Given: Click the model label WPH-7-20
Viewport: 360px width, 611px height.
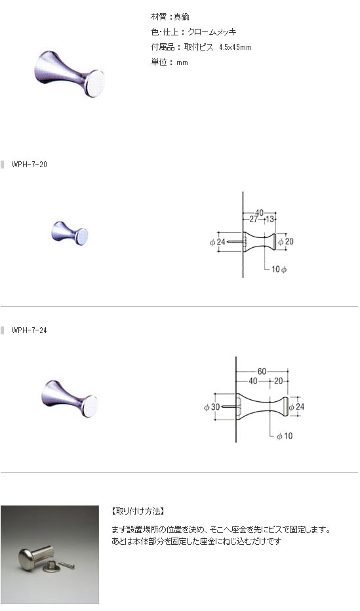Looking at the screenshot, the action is click(30, 165).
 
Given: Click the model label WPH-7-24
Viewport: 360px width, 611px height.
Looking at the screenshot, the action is click(30, 330).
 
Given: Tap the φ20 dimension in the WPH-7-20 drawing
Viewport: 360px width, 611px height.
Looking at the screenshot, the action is click(286, 242).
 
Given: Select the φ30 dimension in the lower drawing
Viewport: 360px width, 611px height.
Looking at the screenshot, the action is click(212, 407).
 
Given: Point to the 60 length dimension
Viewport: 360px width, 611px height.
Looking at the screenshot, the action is click(262, 371).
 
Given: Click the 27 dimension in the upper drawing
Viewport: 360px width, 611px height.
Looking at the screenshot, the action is click(254, 220).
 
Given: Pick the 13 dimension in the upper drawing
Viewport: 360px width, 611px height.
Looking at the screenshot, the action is click(270, 220).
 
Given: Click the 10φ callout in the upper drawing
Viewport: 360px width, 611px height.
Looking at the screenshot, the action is click(279, 269).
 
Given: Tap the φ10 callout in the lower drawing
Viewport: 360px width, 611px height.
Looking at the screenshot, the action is click(285, 436).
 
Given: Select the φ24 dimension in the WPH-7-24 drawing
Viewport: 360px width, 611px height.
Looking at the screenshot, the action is click(296, 407).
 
